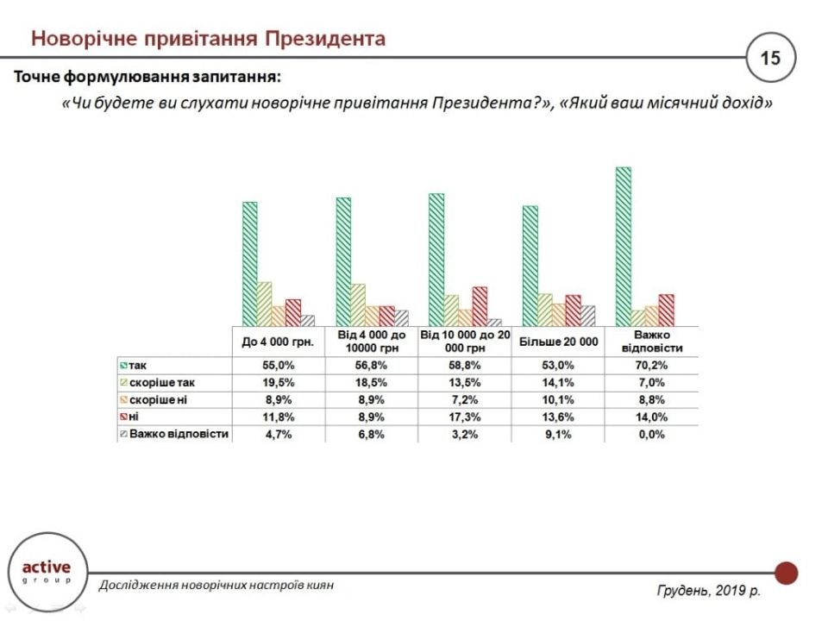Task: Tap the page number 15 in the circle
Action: [x=769, y=58]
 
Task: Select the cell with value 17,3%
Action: [x=466, y=417]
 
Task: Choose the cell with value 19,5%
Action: [x=277, y=383]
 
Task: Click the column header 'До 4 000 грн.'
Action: [x=277, y=342]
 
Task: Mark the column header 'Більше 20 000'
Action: [x=558, y=342]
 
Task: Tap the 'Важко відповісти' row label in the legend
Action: [x=179, y=434]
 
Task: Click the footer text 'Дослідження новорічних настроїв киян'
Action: [x=216, y=585]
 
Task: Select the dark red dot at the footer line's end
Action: [x=786, y=573]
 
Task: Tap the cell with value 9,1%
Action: [x=558, y=435]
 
